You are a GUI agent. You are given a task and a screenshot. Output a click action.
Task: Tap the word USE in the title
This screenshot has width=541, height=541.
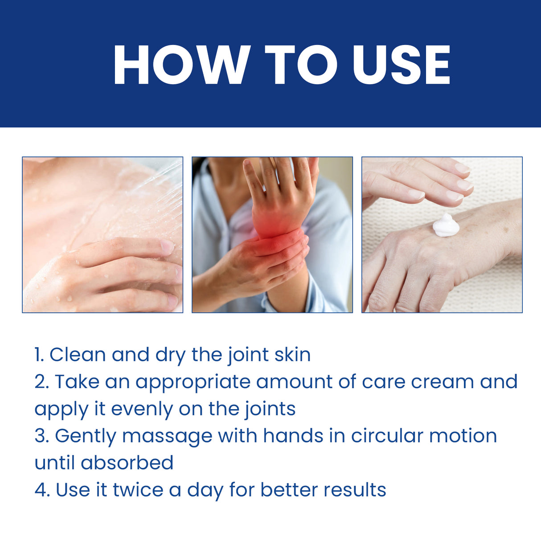[x=402, y=65]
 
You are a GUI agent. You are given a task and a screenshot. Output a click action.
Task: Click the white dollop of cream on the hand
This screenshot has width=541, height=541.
[x=446, y=225]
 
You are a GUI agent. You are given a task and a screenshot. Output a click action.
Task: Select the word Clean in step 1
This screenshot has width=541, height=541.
[x=77, y=355]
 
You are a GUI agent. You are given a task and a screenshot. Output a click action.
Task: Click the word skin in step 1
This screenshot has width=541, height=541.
[x=292, y=355]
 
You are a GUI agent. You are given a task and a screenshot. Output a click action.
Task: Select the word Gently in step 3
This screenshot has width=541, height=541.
[x=85, y=437]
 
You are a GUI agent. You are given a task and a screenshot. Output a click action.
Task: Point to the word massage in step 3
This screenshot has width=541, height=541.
[x=167, y=437]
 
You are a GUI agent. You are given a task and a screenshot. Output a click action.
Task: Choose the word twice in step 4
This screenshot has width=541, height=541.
[x=138, y=490]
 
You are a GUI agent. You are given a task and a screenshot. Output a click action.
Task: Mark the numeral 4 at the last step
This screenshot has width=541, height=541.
[x=41, y=490]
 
